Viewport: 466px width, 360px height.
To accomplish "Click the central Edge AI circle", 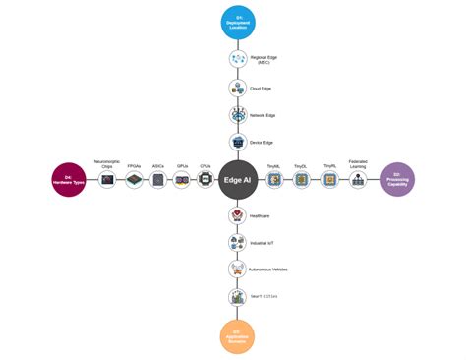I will click(x=237, y=180).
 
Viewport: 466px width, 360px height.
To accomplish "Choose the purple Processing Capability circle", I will click(x=397, y=180).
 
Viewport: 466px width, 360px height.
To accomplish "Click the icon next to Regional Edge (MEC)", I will click(x=237, y=59).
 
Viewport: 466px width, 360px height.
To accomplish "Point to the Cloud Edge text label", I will click(x=262, y=88).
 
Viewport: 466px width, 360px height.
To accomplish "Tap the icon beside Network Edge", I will click(x=237, y=115).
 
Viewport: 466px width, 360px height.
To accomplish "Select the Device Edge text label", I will click(x=262, y=143).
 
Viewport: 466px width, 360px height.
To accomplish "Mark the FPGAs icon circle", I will click(x=135, y=181).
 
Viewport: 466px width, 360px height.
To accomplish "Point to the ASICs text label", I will click(x=158, y=167).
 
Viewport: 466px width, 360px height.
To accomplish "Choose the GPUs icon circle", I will click(x=182, y=181).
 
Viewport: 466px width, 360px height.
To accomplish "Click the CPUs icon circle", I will click(x=205, y=181).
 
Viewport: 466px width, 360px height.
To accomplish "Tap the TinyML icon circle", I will click(x=274, y=181).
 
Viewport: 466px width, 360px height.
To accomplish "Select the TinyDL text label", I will click(x=301, y=167).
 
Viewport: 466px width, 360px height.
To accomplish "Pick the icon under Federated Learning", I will click(x=358, y=181).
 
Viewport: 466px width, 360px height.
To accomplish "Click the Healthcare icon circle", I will click(x=237, y=215).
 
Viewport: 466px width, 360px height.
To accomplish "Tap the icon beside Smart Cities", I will click(x=237, y=296).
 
